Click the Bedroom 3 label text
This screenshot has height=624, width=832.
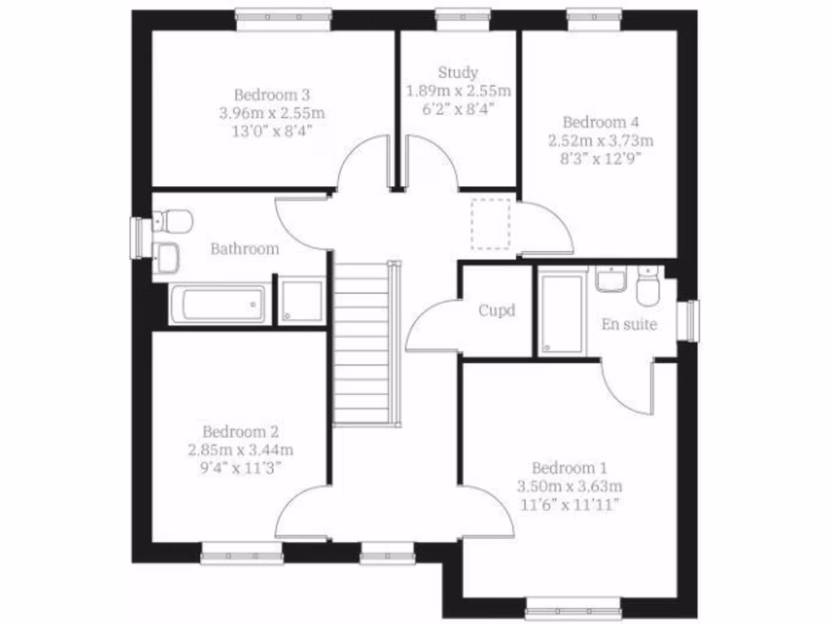pyautogui.click(x=271, y=95)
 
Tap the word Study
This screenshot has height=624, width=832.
pyautogui.click(x=458, y=72)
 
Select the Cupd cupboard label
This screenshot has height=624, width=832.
pyautogui.click(x=496, y=310)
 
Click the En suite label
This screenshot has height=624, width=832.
pyautogui.click(x=629, y=325)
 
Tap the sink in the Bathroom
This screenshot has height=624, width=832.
pyautogui.click(x=167, y=257)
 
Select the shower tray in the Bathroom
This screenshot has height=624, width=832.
pyautogui.click(x=301, y=301)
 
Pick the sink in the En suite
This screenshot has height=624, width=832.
pyautogui.click(x=611, y=279)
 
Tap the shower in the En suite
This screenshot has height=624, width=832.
pyautogui.click(x=562, y=313)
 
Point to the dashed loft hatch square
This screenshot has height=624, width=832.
pyautogui.click(x=491, y=223)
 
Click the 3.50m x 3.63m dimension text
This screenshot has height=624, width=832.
pyautogui.click(x=570, y=486)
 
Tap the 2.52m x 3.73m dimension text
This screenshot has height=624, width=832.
pyautogui.click(x=600, y=140)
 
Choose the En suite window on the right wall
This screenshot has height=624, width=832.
pyautogui.click(x=691, y=320)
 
